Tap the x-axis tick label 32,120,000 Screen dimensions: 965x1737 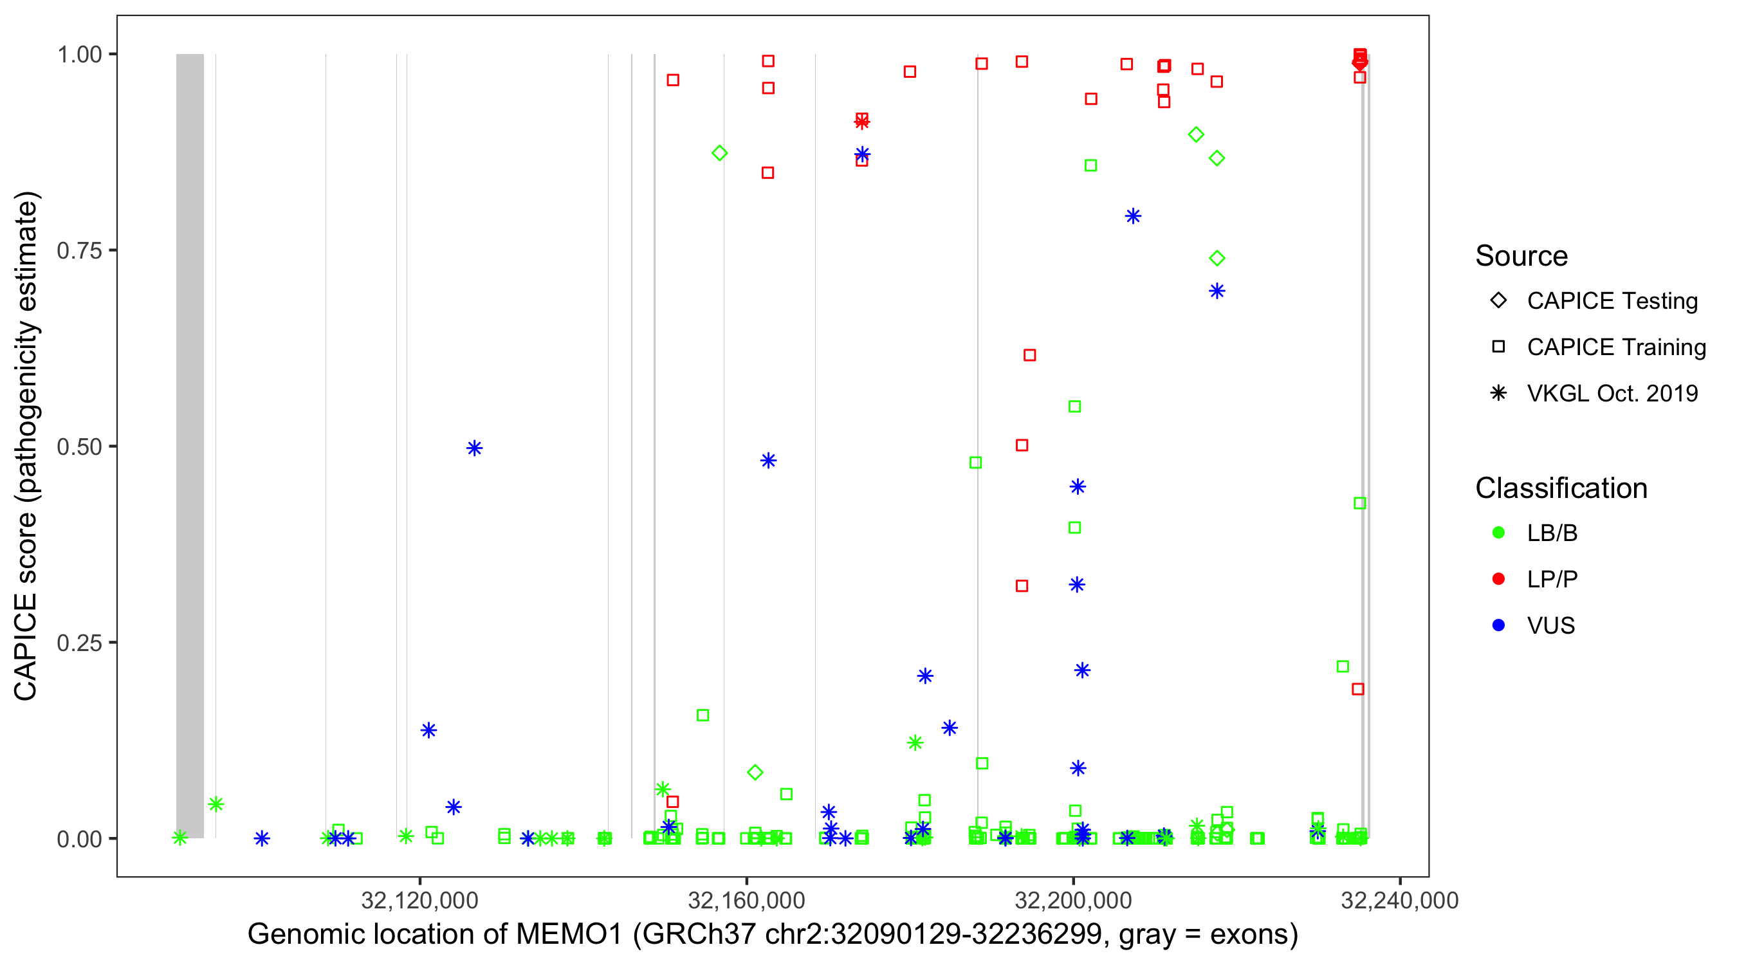419,900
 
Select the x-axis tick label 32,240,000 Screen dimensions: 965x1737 1399,900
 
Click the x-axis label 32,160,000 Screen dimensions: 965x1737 746,900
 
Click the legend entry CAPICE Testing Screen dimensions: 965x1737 1612,301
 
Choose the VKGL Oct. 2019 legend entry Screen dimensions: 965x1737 1612,393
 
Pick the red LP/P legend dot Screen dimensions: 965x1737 1499,579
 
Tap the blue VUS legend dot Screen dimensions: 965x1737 1499,625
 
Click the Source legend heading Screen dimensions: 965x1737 1521,256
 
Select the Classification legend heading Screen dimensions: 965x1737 1561,488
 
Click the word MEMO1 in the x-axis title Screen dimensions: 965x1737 569,935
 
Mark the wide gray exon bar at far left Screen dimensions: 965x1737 190,445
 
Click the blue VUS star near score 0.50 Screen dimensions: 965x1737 475,448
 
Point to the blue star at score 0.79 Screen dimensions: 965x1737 1133,216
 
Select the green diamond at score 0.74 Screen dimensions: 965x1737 1217,258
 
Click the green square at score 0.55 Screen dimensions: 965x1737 1075,407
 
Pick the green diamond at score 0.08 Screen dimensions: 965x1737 755,773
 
